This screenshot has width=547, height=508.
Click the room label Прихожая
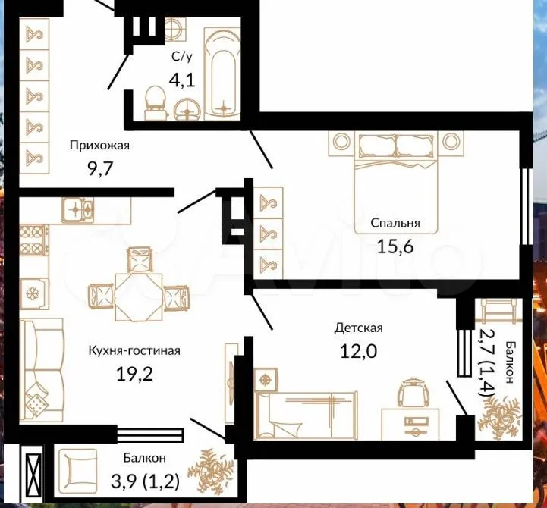[x=100, y=145]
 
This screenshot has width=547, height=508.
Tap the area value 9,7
[x=100, y=169]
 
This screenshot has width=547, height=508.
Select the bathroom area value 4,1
[x=181, y=80]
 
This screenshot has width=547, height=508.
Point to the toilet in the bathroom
[x=154, y=102]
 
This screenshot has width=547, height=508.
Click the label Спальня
[x=395, y=223]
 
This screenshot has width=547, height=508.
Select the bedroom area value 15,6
[x=395, y=247]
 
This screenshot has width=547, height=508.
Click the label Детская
[x=359, y=328]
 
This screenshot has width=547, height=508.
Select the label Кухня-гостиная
[x=134, y=350]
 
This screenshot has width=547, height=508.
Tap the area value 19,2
[x=134, y=375]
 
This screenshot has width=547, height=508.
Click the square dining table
[x=139, y=297]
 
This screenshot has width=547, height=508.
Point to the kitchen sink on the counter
[x=78, y=210]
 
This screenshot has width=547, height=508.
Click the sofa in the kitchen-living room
[x=41, y=369]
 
